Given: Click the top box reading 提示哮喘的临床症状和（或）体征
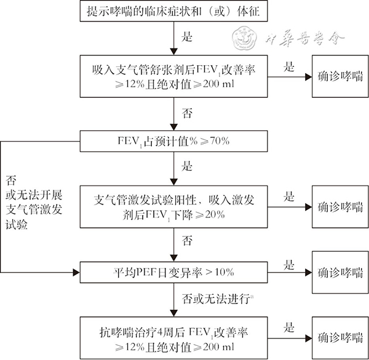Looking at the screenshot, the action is pos(173,11).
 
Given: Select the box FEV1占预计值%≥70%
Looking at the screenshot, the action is pos(173,141).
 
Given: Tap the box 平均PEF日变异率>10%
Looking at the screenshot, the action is pos(173,272).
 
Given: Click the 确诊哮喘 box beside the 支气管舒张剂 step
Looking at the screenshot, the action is pos(340,76).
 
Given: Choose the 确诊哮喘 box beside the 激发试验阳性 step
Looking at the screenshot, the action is pos(340,207).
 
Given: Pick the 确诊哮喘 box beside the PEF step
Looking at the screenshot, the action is pos(340,272).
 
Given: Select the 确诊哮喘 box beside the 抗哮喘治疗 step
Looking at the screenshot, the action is pos(340,338).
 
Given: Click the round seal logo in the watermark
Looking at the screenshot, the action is pos(244,37).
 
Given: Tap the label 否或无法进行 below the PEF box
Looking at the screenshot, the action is pos(216,299).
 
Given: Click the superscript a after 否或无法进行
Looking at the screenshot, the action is pos(252,297).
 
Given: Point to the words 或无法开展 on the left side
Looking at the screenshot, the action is pos(34,195).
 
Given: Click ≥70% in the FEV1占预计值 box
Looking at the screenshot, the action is pos(215,141).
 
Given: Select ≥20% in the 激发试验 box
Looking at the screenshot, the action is pos(210,214).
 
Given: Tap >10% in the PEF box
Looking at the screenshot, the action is pos(220,272).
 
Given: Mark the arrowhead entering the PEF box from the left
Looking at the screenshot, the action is pos(76,273).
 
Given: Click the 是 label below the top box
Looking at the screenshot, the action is pos(187,37).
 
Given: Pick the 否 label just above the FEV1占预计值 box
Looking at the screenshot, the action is pos(187,113).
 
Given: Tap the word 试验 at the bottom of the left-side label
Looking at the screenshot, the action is pos(17,224).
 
